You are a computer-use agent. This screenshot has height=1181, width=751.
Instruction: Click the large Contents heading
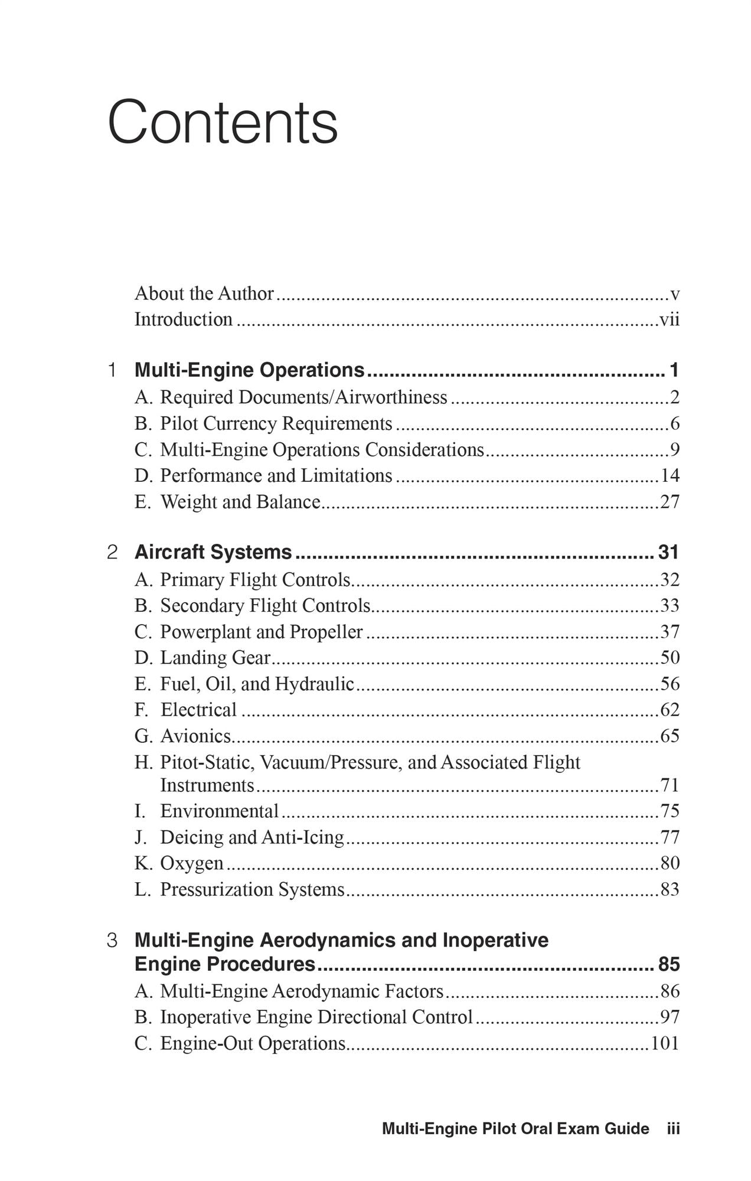[x=223, y=122]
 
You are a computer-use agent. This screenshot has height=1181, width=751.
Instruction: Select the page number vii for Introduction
[x=670, y=320]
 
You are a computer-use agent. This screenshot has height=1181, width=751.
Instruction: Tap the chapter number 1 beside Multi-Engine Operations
[x=112, y=370]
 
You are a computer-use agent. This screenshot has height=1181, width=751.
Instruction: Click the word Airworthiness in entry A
[x=391, y=397]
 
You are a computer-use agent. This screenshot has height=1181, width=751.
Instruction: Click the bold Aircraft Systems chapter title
[x=213, y=552]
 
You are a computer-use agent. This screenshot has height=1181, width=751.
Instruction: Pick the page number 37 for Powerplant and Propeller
[x=670, y=632]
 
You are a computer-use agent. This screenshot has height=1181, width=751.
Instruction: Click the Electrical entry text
[x=198, y=710]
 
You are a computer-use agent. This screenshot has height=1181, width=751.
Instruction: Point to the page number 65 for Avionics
[x=670, y=736]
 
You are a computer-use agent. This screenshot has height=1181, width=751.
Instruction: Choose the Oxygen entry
[x=192, y=863]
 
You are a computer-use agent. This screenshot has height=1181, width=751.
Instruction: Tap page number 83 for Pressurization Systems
[x=670, y=889]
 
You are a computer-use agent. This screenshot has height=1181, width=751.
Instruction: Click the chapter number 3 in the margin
[x=112, y=940]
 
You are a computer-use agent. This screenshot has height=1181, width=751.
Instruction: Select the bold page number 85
[x=669, y=964]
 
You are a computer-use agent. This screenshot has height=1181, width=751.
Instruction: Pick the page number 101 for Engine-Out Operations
[x=665, y=1043]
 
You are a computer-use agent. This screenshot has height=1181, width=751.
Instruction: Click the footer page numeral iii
[x=673, y=1128]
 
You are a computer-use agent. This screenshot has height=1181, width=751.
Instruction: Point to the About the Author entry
[x=204, y=293]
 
